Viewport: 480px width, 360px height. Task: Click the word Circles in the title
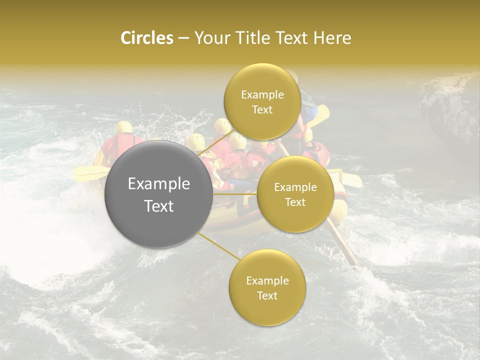(x=147, y=38)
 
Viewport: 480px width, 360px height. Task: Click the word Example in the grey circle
(x=159, y=184)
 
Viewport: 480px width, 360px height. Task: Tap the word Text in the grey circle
(x=159, y=206)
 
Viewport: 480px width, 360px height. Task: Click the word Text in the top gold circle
(x=262, y=110)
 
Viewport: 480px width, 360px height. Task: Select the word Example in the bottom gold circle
(x=267, y=281)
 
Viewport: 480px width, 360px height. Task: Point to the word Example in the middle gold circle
(x=295, y=187)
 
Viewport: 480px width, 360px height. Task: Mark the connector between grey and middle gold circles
(x=235, y=193)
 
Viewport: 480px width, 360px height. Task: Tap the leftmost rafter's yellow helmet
(x=123, y=127)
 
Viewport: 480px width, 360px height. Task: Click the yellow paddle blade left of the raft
(x=90, y=173)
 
